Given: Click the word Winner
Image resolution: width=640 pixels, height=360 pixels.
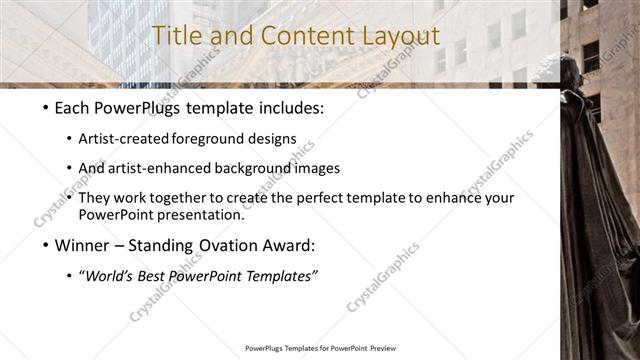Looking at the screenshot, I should point(82,244).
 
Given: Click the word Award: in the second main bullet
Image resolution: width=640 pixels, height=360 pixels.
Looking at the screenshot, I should point(287,244).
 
